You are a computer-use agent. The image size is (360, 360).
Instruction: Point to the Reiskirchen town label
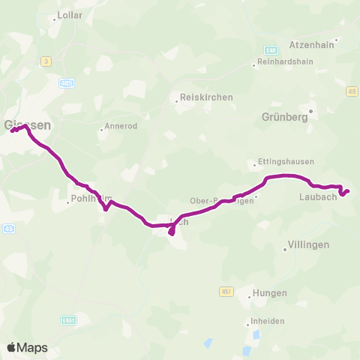205,97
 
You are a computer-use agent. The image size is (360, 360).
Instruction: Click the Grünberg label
287,117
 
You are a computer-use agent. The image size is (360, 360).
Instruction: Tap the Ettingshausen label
285,161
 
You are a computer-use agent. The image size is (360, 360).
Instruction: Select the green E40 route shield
271,49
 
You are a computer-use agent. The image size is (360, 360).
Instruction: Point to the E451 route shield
69,320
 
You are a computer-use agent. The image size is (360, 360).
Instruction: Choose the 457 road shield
227,291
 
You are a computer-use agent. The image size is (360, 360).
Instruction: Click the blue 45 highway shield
8,228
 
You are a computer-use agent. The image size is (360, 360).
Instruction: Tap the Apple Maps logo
27,347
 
